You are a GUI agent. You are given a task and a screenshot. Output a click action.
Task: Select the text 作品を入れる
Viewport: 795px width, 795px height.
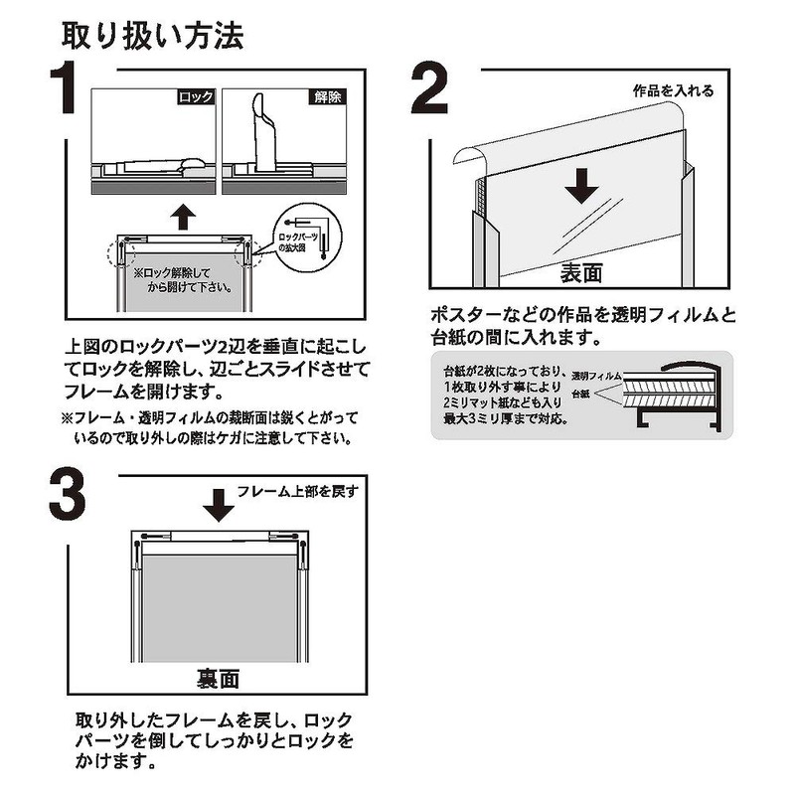[674, 90]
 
